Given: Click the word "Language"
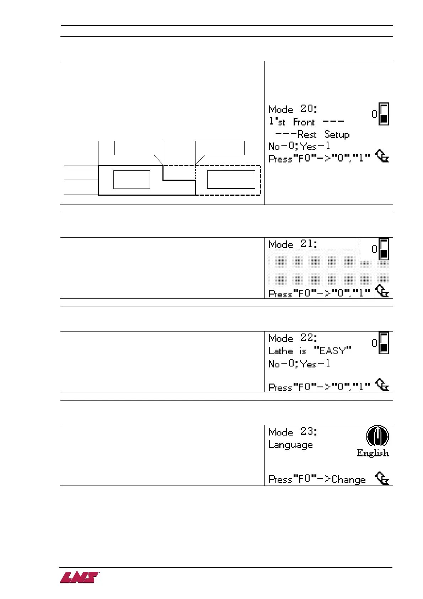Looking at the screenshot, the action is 290,445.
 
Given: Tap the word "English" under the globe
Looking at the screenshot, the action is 373,453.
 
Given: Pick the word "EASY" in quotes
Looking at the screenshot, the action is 333,351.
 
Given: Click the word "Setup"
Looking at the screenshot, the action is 337,134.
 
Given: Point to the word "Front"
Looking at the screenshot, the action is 304,122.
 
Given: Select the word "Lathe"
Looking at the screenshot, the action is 280,351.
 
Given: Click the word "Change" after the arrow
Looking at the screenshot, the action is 348,479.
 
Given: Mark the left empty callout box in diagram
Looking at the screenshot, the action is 139,148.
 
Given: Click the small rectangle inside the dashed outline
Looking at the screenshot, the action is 231,180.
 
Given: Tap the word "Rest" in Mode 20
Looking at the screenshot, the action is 307,134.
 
